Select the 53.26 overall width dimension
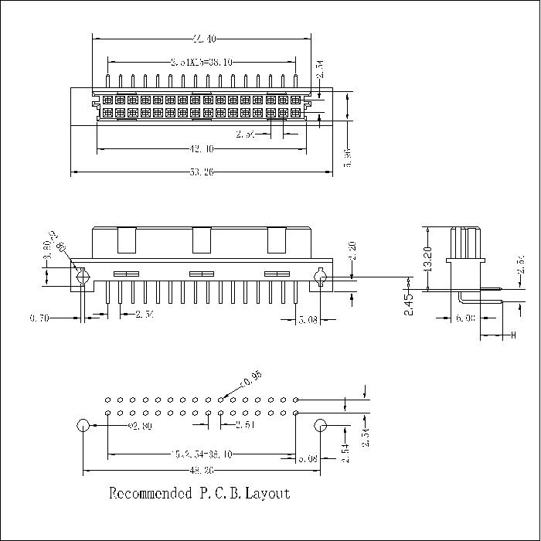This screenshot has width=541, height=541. coord(201,172)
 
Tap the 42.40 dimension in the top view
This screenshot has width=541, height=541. coord(201,148)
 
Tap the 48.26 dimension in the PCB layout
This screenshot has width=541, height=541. coord(201,470)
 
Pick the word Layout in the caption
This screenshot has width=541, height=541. coord(267,493)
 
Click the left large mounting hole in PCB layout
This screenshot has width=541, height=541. coord(83,425)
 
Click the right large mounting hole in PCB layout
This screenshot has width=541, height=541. coord(320,425)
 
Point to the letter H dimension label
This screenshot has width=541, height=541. coord(512,335)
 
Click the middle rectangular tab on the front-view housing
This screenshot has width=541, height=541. coord(201,240)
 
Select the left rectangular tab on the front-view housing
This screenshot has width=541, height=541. coord(126,240)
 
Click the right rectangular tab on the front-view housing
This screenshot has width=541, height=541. coord(276,240)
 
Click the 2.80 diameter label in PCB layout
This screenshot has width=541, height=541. coord(139,426)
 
